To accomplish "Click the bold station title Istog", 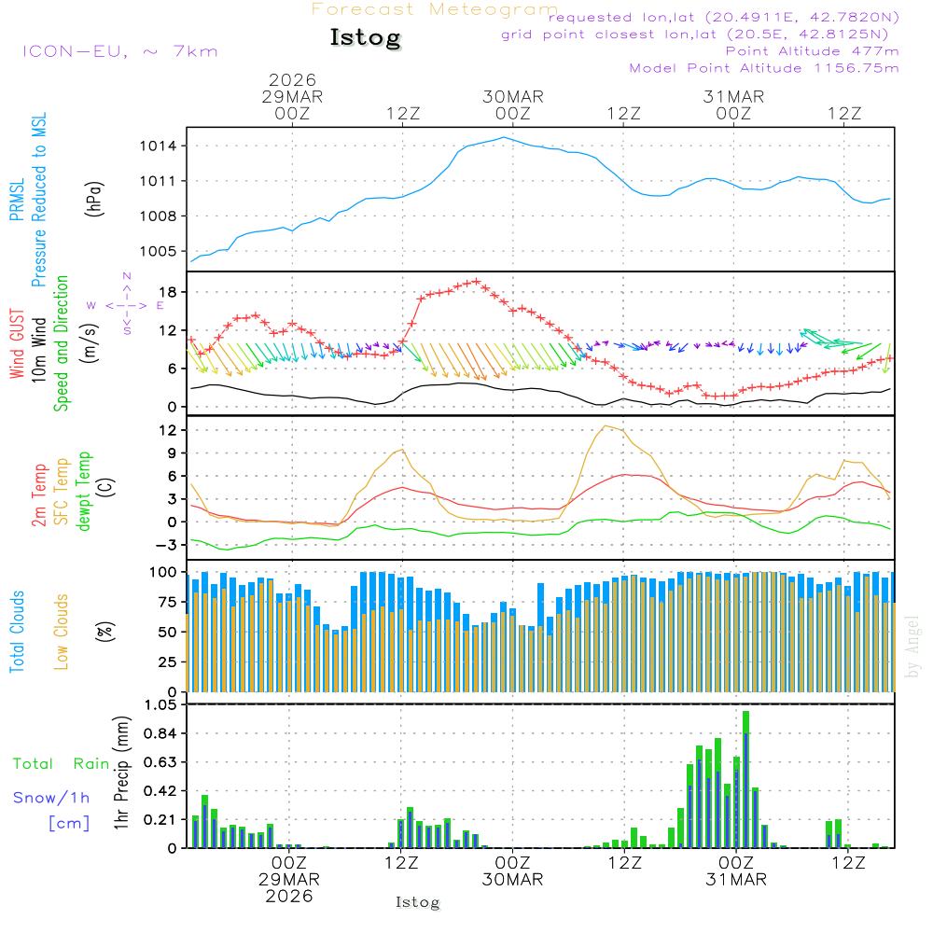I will (x=365, y=38).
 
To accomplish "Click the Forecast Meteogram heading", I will (x=435, y=10).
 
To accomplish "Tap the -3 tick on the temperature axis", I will (x=169, y=545).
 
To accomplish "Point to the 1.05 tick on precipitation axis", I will (x=160, y=705).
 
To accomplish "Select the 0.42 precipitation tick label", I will (x=160, y=791).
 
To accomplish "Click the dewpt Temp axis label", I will (x=85, y=492).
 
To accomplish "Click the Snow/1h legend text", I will (x=52, y=798).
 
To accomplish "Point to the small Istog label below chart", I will (x=417, y=902).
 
